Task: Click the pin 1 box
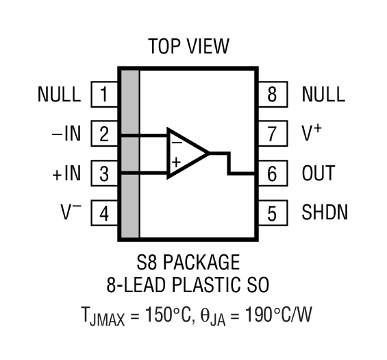point(104,94)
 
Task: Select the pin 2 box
point(104,134)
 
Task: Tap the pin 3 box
point(104,173)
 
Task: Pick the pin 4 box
point(104,213)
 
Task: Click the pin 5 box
point(273,213)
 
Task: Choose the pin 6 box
point(273,173)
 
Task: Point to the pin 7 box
point(273,134)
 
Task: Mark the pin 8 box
point(273,94)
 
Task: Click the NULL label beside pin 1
point(59,94)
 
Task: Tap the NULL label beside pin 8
point(323,94)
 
